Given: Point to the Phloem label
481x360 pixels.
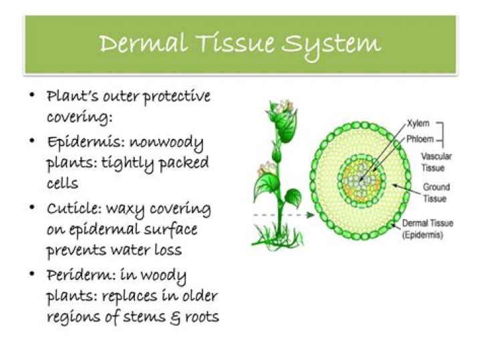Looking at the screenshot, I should point(420,140).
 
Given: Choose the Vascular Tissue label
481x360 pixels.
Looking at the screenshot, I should point(438,162).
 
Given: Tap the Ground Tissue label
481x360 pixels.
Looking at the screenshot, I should point(436,193).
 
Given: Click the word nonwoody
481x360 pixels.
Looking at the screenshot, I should point(166,143).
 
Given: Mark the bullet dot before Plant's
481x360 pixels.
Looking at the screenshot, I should point(32,96).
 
